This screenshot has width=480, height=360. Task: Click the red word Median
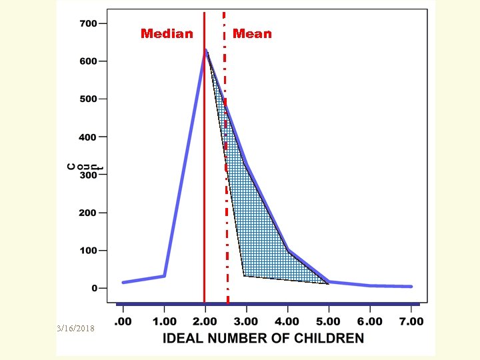[x=167, y=34]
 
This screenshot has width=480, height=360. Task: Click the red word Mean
[x=252, y=34]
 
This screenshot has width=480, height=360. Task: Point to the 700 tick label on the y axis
[x=89, y=24]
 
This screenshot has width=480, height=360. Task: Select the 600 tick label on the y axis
[x=89, y=61]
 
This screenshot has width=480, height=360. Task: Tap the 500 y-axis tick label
[x=89, y=99]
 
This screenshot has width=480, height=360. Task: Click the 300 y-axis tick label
[x=89, y=175]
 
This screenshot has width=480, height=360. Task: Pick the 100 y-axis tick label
[x=89, y=251]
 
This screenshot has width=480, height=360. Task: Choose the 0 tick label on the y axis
[x=94, y=289]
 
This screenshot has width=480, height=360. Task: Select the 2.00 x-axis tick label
[x=205, y=321]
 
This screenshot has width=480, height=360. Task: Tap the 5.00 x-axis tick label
[x=329, y=321]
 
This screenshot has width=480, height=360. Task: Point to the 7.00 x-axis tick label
[x=411, y=321]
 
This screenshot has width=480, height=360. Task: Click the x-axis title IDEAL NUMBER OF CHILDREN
[x=264, y=338]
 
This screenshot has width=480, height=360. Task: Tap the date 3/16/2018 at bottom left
[x=77, y=329]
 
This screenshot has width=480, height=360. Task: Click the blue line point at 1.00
[x=164, y=275]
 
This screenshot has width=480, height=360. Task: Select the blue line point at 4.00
[x=288, y=251]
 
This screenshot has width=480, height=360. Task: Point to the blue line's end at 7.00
[x=411, y=286]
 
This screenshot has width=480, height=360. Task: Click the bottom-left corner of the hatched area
[x=245, y=275]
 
